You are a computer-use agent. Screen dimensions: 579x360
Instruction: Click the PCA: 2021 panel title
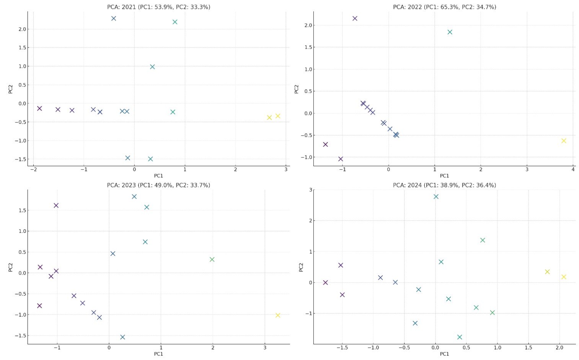coord(158,7)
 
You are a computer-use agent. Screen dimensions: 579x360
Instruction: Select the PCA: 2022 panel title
coord(444,7)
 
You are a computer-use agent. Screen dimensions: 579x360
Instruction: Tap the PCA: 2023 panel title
coord(158,185)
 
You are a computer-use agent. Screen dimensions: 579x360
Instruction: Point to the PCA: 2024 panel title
coord(444,185)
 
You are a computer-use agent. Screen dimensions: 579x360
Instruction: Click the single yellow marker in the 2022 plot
coord(564,141)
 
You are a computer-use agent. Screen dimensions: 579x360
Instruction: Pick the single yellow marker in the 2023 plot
coord(278,315)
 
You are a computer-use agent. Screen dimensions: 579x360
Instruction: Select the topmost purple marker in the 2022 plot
coord(355,18)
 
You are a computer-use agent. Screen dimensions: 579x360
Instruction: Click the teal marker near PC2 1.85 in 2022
coord(450,32)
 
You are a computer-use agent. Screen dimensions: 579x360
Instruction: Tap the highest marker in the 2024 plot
coord(436,196)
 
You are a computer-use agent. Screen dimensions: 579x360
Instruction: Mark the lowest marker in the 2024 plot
coord(460,337)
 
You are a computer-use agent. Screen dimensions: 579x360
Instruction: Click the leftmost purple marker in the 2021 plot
coord(39,108)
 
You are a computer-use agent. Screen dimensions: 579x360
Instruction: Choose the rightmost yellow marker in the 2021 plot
coord(278,116)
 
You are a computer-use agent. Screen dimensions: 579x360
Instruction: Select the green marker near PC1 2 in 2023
coord(212,259)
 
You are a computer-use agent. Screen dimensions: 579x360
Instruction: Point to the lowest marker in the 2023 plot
coord(122,337)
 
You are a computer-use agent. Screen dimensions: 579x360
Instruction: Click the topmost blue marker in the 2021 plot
coord(114,18)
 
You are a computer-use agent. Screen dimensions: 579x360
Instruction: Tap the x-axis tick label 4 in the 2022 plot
coord(573,169)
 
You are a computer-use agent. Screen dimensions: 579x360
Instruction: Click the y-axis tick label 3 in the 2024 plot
coord(310,190)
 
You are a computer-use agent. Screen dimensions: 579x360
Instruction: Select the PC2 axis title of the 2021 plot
coord(11,89)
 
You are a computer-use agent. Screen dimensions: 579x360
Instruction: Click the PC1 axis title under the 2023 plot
coord(158,354)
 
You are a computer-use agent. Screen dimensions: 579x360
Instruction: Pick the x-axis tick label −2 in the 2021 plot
coord(33,169)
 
